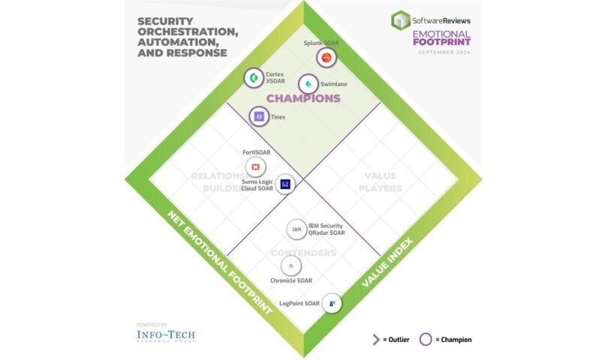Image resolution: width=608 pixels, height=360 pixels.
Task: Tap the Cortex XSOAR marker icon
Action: pos(254,77)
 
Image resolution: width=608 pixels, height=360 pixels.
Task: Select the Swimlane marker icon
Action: pos(308,84)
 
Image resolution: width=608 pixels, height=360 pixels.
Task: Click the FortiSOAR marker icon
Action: pos(255,166)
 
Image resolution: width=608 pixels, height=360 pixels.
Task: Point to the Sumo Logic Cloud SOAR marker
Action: pos(284,184)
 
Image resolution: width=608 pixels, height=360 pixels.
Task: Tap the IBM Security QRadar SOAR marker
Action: pos(296,229)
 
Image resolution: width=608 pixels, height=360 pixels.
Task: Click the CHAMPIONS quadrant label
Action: pos(304,98)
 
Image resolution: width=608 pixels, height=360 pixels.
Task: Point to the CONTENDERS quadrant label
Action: pos(304,253)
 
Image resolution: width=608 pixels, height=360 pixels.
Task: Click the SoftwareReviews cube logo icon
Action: pos(401,20)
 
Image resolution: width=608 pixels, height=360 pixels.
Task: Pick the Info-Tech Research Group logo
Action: pos(165,334)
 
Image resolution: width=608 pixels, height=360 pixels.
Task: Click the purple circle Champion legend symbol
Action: pos(425,339)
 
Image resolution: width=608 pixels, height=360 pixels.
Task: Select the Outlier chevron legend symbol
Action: pos(375,339)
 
